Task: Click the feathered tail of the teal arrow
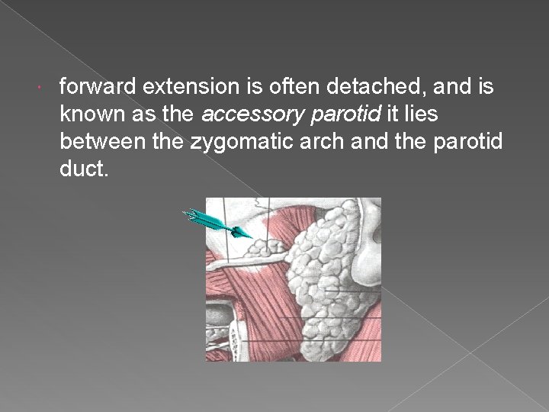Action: click(x=191, y=214)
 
